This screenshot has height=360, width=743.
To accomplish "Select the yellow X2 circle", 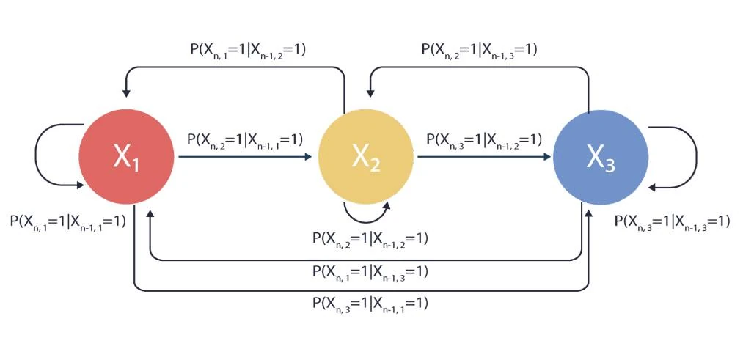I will tap(365, 157).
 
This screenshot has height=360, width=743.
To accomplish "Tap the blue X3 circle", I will tap(600, 157).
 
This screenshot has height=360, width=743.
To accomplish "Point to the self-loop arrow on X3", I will tap(694, 157).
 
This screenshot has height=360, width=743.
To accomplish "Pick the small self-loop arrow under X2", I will tap(367, 216).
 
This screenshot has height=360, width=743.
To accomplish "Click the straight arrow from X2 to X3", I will tap(484, 156).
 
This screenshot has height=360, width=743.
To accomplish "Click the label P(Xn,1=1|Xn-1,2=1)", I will tap(247, 50).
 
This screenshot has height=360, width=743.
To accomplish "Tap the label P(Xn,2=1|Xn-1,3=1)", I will tap(480, 50).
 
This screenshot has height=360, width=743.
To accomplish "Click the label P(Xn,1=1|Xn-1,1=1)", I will tap(67, 221).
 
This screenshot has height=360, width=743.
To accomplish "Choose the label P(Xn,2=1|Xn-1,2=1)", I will tap(370, 238).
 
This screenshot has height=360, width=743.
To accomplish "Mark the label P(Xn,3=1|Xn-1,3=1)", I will tap(672, 221).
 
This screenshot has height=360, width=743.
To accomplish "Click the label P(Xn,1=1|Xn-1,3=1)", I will tap(370, 271).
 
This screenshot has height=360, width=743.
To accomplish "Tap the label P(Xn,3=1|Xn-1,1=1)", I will tap(370, 302).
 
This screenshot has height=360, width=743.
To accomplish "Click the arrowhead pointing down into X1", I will tap(126, 92).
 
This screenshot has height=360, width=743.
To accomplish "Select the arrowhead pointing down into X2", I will tap(370, 92).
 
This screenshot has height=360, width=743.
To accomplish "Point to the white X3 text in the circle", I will tap(600, 158).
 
